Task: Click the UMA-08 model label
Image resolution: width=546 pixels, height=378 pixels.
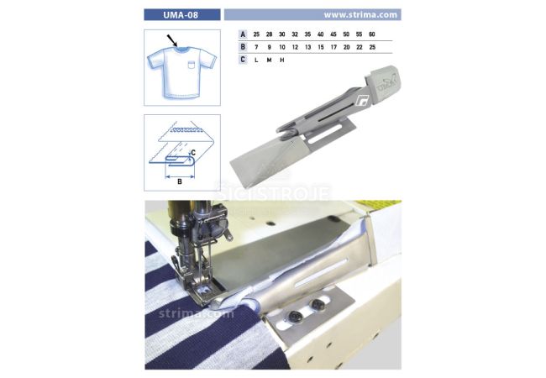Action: pyautogui.click(x=181, y=15)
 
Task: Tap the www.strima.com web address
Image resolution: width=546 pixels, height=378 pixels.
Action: pyautogui.click(x=360, y=15)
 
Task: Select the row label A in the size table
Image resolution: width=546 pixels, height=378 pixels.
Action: pyautogui.click(x=243, y=34)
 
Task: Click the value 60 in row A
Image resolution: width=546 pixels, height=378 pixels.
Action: pyautogui.click(x=372, y=34)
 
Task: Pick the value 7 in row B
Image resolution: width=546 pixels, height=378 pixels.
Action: pyautogui.click(x=257, y=47)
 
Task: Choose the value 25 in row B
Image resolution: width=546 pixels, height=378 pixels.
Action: pyautogui.click(x=372, y=47)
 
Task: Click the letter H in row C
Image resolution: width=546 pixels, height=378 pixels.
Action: pyautogui.click(x=282, y=60)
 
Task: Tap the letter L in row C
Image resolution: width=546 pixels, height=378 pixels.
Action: pyautogui.click(x=256, y=60)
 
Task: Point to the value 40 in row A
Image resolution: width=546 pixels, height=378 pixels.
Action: pyautogui.click(x=320, y=34)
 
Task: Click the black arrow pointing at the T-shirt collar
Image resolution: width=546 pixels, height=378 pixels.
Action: pyautogui.click(x=172, y=40)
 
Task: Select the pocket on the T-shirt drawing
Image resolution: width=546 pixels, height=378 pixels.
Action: pyautogui.click(x=192, y=65)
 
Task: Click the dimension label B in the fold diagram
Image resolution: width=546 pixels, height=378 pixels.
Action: pyautogui.click(x=180, y=181)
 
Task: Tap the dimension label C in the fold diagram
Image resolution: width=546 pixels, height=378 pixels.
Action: pyautogui.click(x=193, y=153)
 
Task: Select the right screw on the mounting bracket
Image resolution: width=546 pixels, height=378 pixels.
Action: pyautogui.click(x=318, y=305)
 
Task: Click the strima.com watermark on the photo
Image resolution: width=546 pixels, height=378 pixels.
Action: pyautogui.click(x=197, y=313)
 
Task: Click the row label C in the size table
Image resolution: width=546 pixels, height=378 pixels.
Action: pyautogui.click(x=243, y=60)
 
